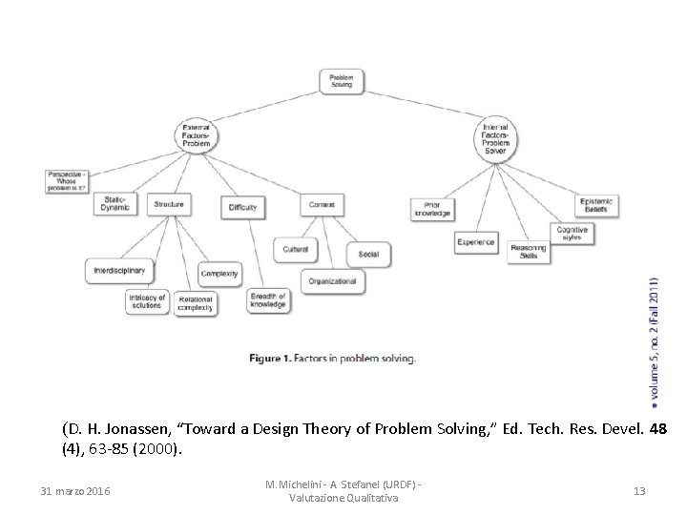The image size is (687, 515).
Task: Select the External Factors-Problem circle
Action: pyautogui.click(x=198, y=136)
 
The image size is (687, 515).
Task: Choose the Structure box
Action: pyautogui.click(x=168, y=204)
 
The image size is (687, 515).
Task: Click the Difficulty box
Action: pyautogui.click(x=242, y=206)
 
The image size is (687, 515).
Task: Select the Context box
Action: pyautogui.click(x=321, y=204)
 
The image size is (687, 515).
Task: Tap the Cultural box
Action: pyautogui.click(x=295, y=249)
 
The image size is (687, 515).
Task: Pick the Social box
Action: pyautogui.click(x=368, y=254)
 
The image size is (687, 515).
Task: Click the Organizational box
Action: pyautogui.click(x=332, y=281)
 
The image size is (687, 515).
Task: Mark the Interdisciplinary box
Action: pyautogui.click(x=119, y=271)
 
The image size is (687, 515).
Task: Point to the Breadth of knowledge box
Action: pyautogui.click(x=268, y=300)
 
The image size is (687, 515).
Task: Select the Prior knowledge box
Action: pyautogui.click(x=431, y=209)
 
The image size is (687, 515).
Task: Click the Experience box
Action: pyautogui.click(x=475, y=242)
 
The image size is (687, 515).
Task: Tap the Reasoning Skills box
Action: pyautogui.click(x=529, y=251)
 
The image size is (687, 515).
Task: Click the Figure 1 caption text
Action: pyautogui.click(x=332, y=359)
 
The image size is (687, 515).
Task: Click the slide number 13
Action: pyautogui.click(x=639, y=491)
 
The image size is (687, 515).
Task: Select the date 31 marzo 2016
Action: pyautogui.click(x=75, y=491)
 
